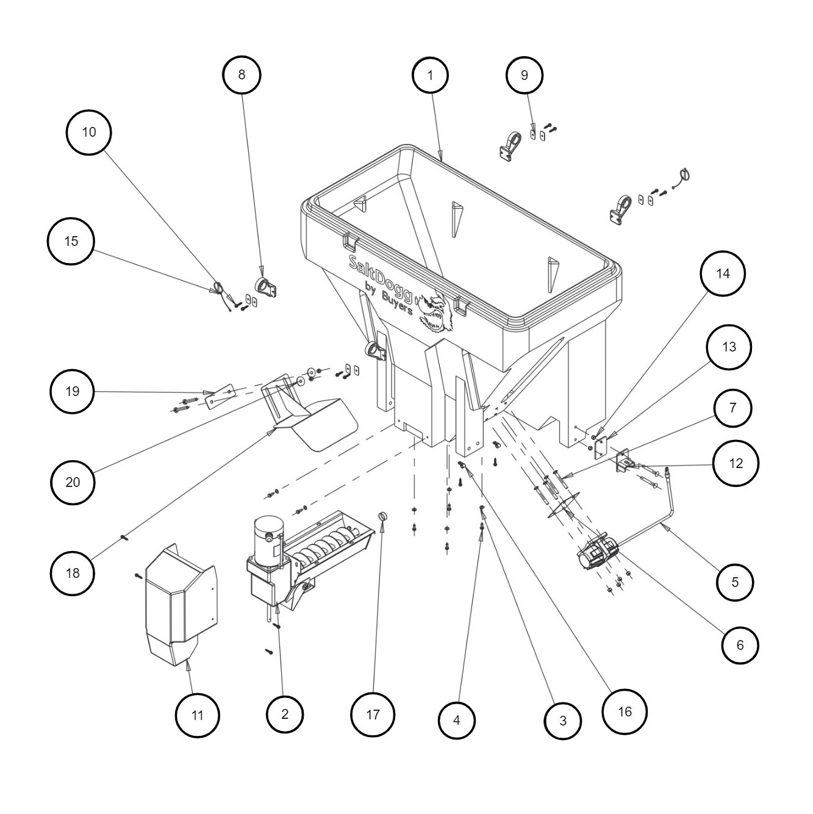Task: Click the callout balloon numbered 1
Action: click(430, 75)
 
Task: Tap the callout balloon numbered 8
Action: click(242, 74)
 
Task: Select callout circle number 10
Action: click(89, 132)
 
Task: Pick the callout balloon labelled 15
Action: click(71, 241)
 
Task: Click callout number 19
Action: click(73, 391)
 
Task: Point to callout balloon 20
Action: click(73, 482)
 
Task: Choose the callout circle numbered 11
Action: click(197, 715)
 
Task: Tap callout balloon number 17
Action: click(373, 715)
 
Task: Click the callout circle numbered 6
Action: click(740, 644)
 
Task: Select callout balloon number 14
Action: click(723, 273)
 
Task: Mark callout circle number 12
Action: click(736, 463)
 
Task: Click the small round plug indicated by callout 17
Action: click(383, 517)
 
